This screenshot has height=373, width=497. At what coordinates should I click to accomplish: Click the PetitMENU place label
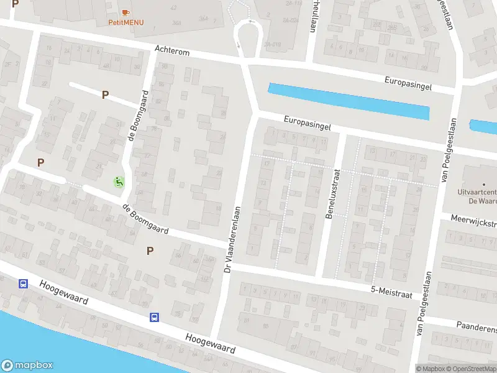(126, 22)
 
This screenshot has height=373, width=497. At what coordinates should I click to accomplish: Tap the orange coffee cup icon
(126, 12)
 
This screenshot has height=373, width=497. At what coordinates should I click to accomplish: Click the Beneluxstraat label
(329, 187)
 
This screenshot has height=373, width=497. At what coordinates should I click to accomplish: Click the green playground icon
(119, 182)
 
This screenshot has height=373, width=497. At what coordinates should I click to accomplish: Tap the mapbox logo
(27, 366)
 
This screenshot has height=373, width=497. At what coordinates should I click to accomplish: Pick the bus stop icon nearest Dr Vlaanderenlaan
(154, 317)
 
